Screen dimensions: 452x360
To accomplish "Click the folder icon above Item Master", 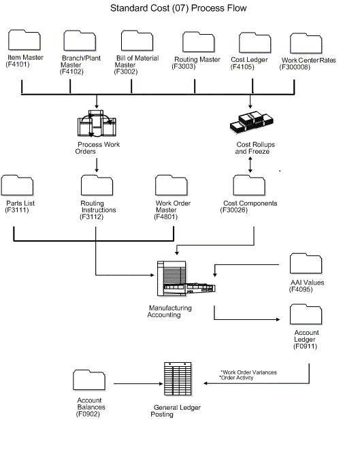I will coord(24,41).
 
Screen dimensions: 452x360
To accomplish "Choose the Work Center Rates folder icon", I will coord(306,44).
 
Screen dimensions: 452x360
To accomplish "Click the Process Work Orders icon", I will coord(97,127).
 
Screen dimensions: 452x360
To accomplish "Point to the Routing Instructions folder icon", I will coord(97,186).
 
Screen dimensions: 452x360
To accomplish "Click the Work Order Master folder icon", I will coord(171,186).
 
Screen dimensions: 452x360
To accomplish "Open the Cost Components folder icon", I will coord(249,186).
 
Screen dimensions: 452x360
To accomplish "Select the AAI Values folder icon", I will coord(306,265).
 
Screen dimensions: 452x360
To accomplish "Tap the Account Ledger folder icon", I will coord(306,315).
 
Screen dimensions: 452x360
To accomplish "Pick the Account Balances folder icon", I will coord(90,381).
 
